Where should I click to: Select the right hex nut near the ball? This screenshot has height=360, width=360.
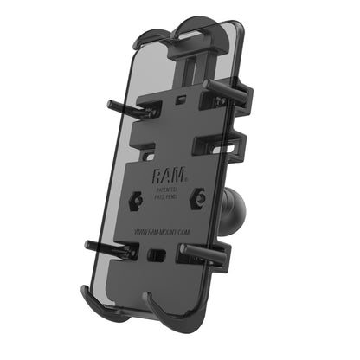tap(200, 197)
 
